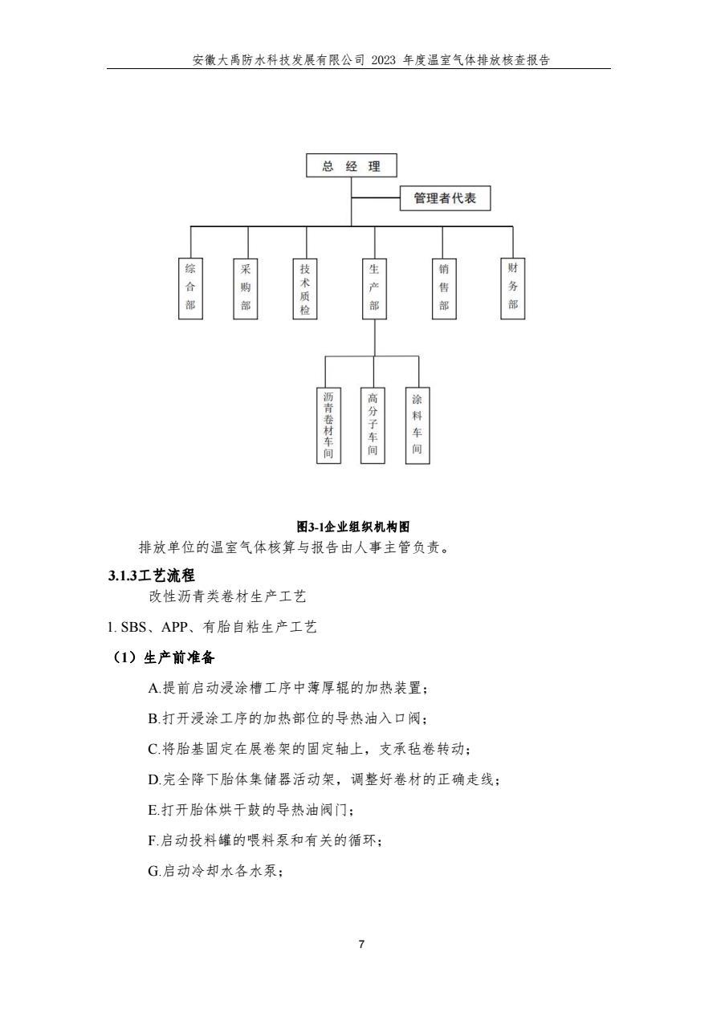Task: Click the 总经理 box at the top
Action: point(351,165)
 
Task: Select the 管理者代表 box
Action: point(445,198)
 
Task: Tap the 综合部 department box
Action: point(190,288)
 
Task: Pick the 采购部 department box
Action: point(245,288)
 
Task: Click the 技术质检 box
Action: point(305,288)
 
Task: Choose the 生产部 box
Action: point(374,288)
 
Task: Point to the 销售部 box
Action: point(444,288)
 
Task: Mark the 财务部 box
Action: point(512,288)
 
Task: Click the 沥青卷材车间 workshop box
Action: point(328,425)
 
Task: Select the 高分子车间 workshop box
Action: point(373,425)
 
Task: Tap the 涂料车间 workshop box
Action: point(417,425)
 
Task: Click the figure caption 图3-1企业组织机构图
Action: point(352,527)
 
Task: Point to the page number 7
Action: point(361,944)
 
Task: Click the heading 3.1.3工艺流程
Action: point(152,576)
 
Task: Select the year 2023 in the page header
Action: point(383,60)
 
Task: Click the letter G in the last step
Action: point(153,871)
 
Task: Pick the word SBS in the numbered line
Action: point(133,627)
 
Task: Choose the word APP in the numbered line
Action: point(174,627)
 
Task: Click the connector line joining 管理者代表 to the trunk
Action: point(376,197)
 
